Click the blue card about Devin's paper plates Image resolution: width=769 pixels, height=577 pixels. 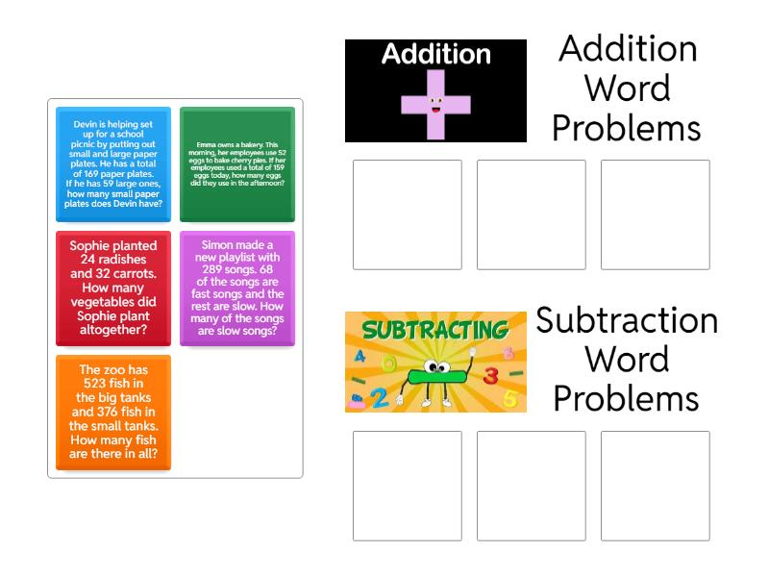point(113,163)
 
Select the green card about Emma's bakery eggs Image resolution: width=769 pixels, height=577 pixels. point(236,163)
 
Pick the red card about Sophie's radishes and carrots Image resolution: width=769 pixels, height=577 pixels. point(113,288)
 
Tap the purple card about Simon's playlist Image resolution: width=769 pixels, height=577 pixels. point(236,288)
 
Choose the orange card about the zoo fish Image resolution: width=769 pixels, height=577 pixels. point(113,412)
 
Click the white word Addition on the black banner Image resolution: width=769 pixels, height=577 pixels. point(436,54)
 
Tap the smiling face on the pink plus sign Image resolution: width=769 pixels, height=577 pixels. point(435,103)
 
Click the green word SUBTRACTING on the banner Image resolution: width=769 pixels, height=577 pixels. point(435,332)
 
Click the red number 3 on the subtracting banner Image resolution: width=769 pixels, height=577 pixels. point(490,375)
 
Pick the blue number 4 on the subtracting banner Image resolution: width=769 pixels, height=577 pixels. point(360,357)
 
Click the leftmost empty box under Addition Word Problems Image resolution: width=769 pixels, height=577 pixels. point(407,214)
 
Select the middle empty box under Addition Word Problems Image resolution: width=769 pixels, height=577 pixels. point(531,214)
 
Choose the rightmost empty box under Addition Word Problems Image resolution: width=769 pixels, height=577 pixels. point(655,214)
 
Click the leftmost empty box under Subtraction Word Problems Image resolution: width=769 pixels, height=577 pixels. point(407,486)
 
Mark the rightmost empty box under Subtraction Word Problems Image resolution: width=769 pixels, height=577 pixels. point(655,486)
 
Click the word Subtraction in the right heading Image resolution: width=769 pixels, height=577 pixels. point(627,320)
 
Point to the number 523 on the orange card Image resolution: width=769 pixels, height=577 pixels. point(113,383)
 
